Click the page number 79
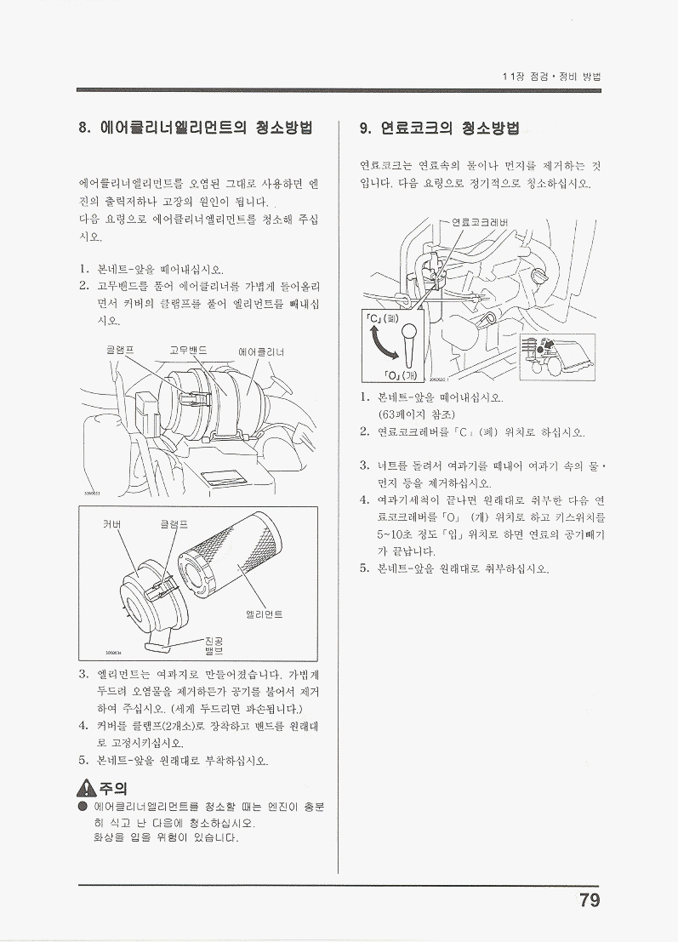590,900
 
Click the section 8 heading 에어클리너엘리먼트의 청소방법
196,128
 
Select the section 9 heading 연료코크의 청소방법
439,128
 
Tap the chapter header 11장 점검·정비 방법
552,77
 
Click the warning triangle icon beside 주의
88,788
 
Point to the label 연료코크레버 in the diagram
479,222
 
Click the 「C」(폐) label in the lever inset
382,317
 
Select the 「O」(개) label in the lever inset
401,375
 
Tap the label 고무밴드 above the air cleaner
189,350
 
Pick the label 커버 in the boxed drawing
112,524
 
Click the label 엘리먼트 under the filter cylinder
265,614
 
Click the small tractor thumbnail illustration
557,357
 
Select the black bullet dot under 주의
83,806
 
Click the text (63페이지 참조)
416,414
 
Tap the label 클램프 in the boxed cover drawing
174,524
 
